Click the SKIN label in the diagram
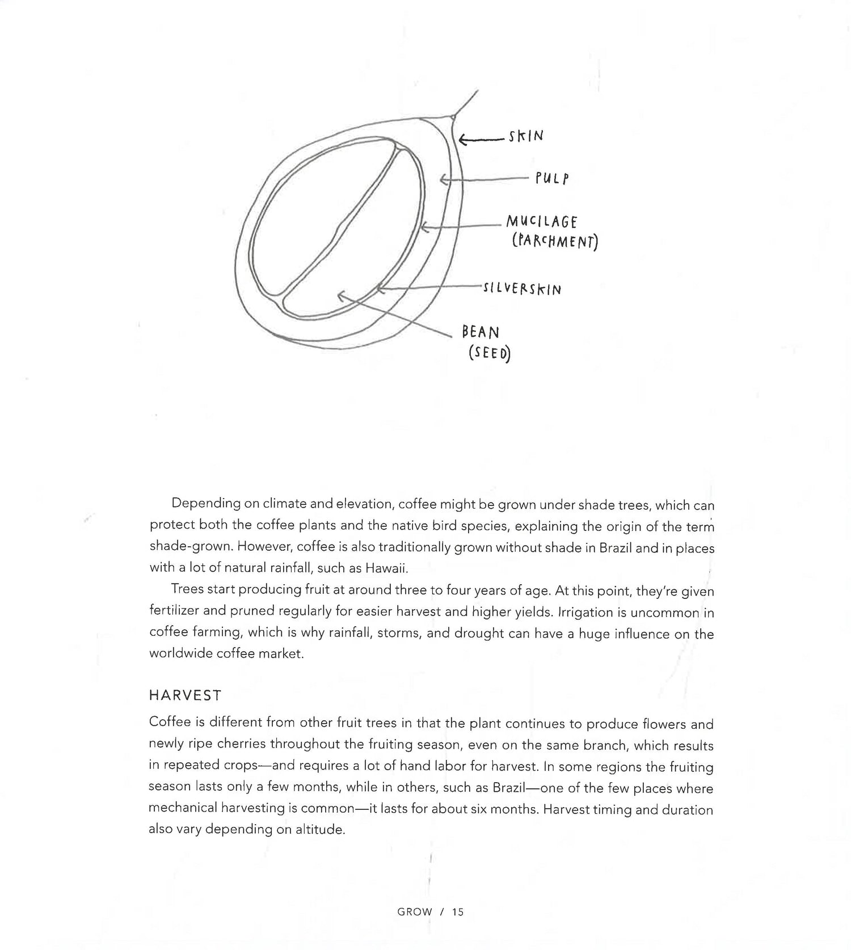coord(526,136)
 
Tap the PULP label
coord(551,179)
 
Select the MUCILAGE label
coord(541,221)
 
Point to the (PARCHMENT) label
coord(555,242)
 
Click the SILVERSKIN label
coord(521,289)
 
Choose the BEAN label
coord(481,332)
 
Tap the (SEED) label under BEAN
coord(489,353)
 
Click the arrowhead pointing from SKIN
coord(462,140)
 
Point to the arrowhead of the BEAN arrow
coord(340,294)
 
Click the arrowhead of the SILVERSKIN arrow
coord(380,289)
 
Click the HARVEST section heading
coord(185,695)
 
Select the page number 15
coord(458,912)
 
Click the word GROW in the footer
coord(415,912)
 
